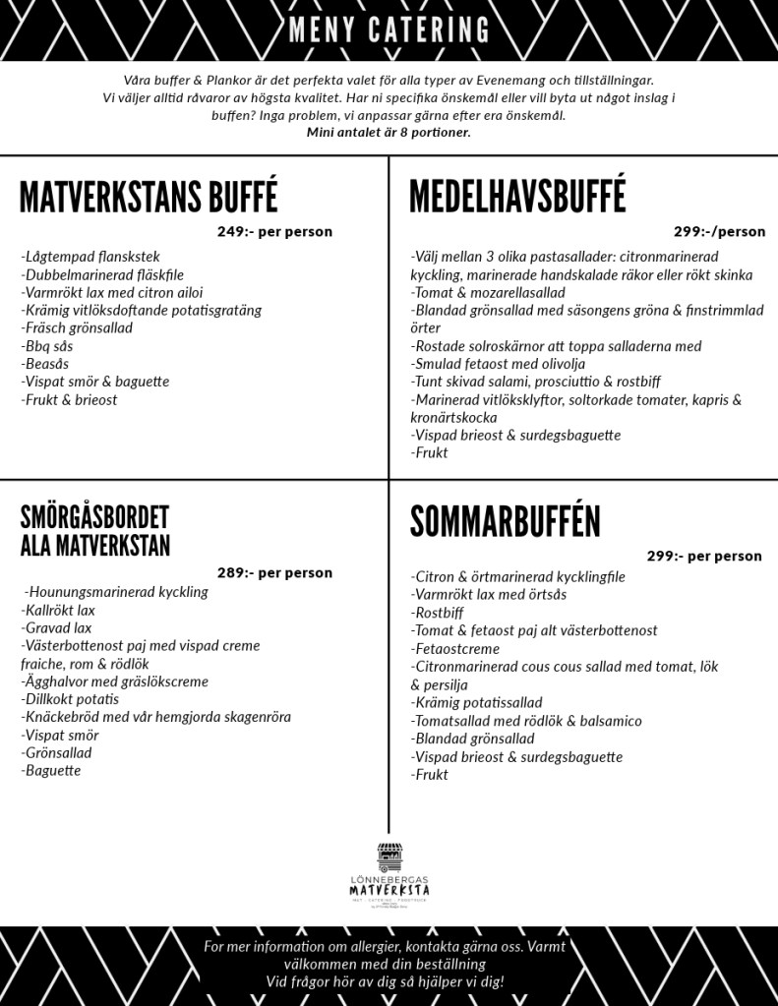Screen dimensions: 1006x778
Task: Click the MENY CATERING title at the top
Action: (389, 30)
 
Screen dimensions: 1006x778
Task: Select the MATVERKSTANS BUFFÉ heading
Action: (149, 197)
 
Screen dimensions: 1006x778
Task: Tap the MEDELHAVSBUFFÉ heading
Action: (517, 196)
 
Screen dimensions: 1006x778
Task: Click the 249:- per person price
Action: (274, 232)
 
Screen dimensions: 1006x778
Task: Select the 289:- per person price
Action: (274, 572)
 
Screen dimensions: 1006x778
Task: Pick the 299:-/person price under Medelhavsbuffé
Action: (719, 232)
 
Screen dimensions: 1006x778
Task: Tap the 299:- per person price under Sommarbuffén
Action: (704, 556)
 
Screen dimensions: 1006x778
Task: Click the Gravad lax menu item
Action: (56, 627)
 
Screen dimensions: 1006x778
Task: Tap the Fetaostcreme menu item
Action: (457, 649)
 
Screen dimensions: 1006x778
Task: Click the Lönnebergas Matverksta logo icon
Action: (389, 857)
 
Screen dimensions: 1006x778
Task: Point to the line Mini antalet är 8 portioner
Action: (389, 133)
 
